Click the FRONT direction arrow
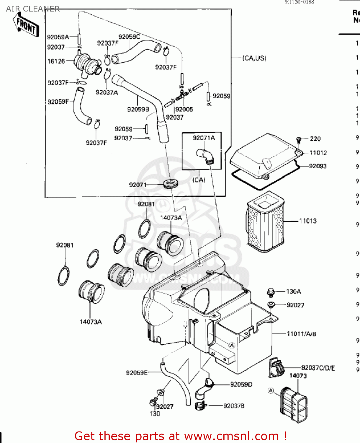[x=26, y=25]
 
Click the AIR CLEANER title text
[x=33, y=9]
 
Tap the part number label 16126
[x=56, y=61]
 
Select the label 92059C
[x=129, y=37]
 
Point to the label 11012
[x=318, y=153]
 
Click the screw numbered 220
[x=298, y=139]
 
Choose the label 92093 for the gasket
[x=318, y=166]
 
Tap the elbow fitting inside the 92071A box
[x=204, y=156]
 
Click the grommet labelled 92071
[x=171, y=183]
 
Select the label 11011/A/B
[x=302, y=334]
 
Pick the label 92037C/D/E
[x=318, y=368]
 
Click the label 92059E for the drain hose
[x=137, y=373]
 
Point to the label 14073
[x=298, y=376]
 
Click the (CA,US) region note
[x=254, y=58]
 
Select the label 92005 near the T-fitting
[x=184, y=109]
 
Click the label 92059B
[x=138, y=109]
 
